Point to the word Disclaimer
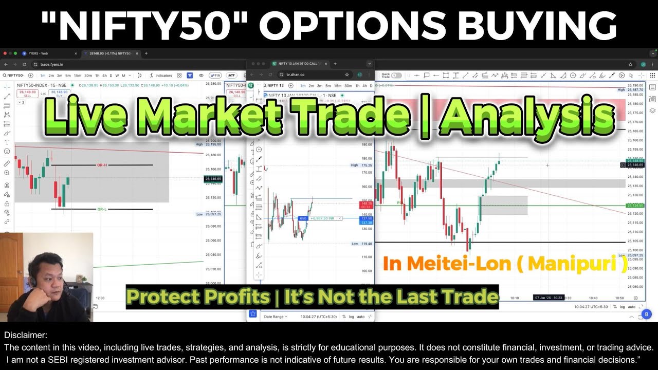[x=26, y=335]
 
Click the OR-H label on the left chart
[x=102, y=165]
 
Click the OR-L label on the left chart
[x=102, y=209]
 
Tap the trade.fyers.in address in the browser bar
[x=48, y=64]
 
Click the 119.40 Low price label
[x=366, y=244]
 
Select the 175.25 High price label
[x=366, y=165]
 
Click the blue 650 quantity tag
[x=303, y=218]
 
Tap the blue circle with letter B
[x=647, y=314]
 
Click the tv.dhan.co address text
[x=295, y=75]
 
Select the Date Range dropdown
[x=275, y=317]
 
